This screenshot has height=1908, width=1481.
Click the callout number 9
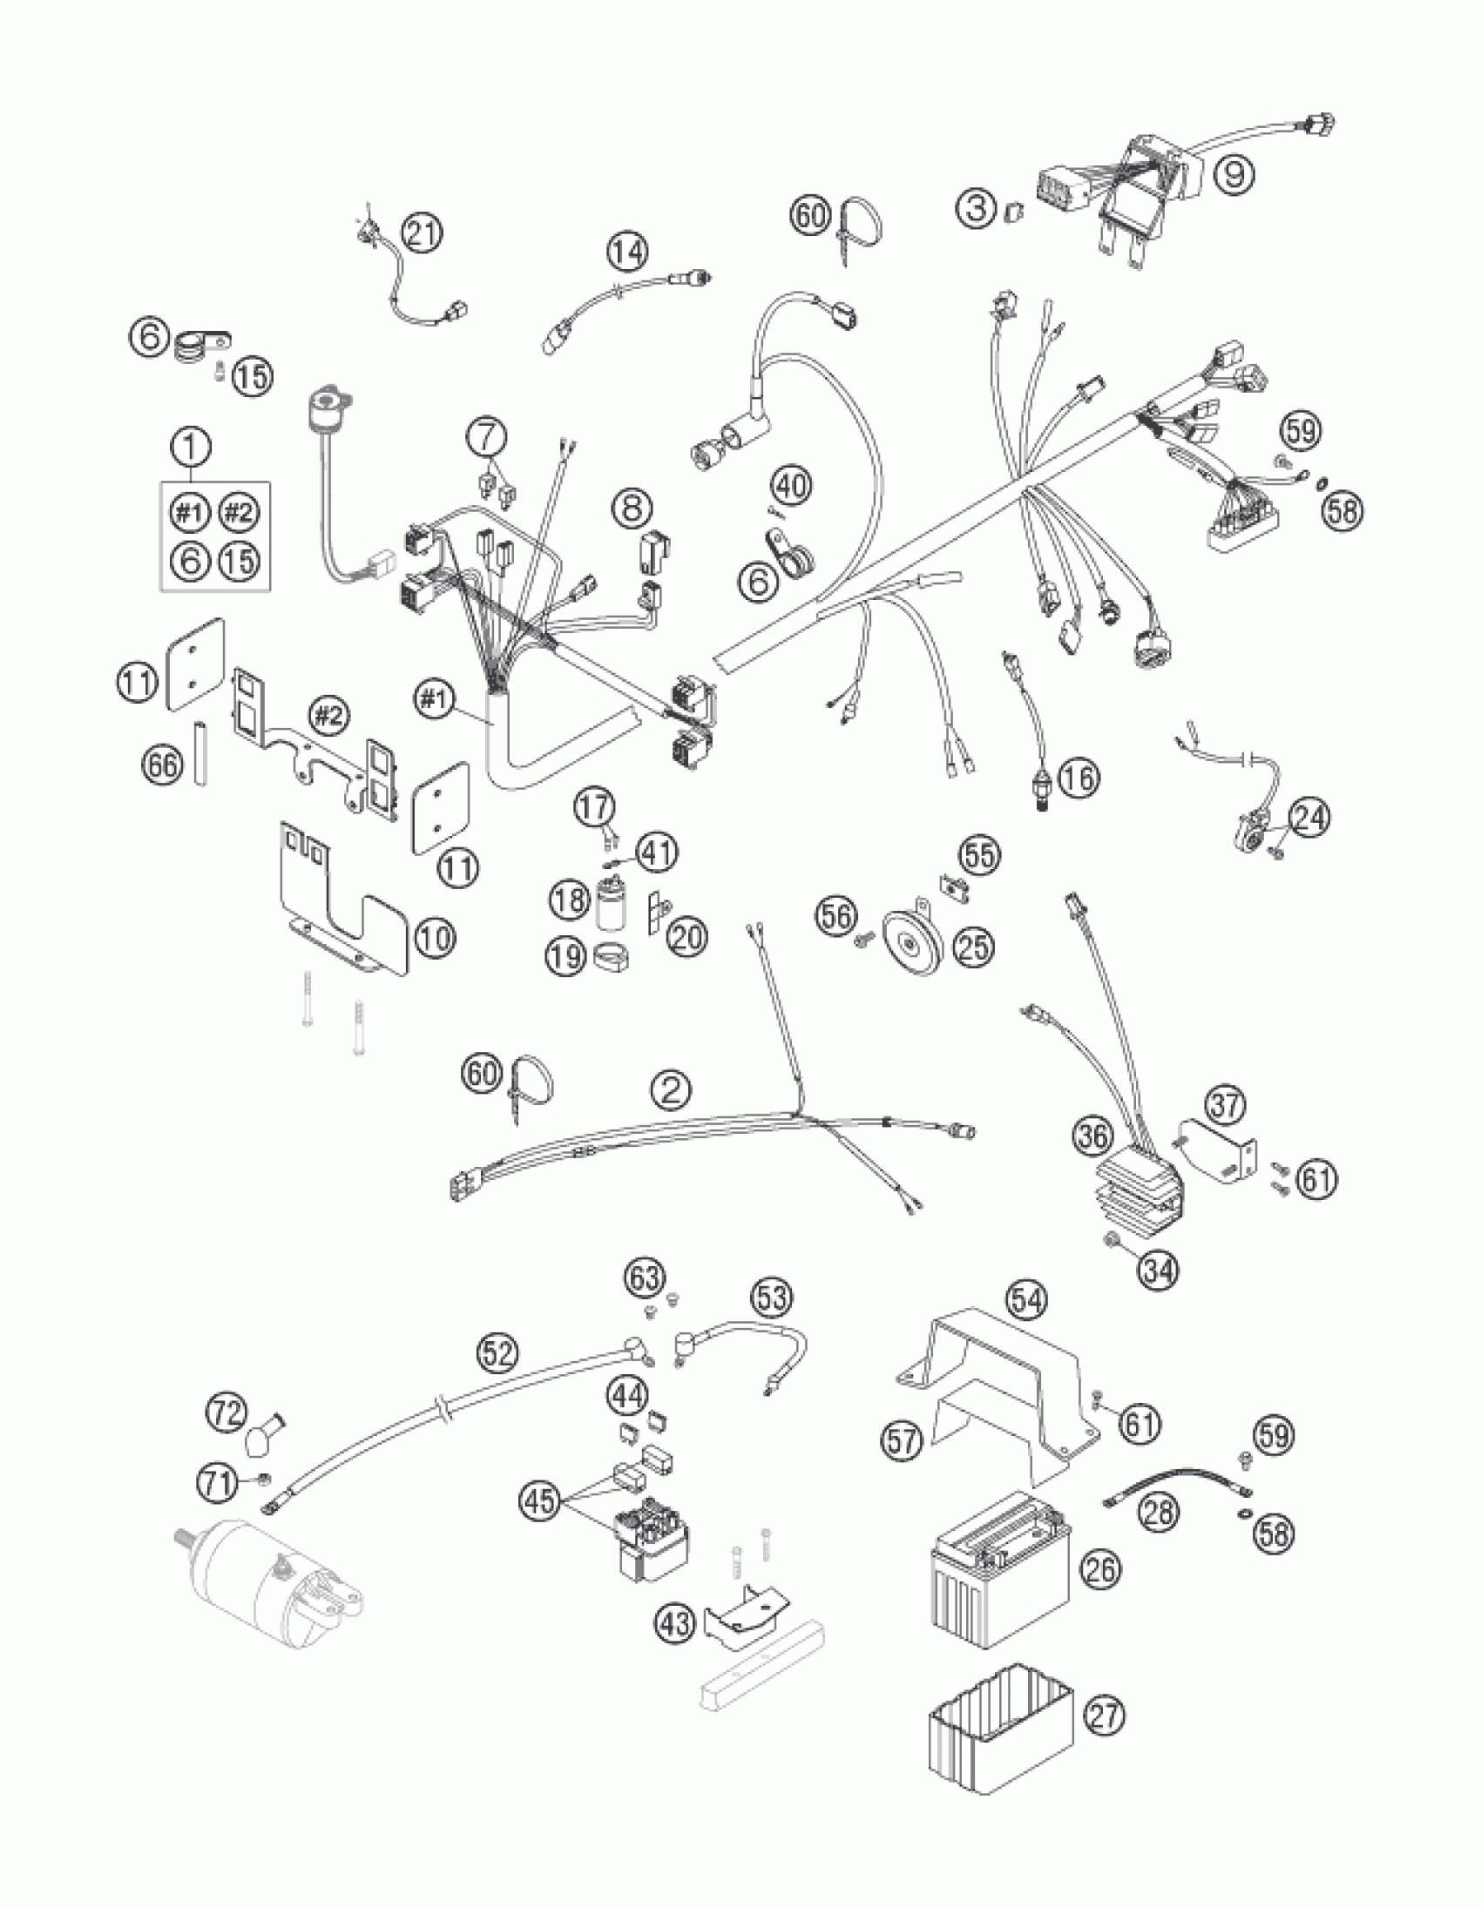pos(1233,173)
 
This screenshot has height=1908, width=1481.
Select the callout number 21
pos(423,234)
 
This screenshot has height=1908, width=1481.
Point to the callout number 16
pos(1079,777)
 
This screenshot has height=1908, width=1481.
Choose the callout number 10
pos(435,938)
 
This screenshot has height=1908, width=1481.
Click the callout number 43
pos(676,1623)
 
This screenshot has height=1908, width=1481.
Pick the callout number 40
pos(793,485)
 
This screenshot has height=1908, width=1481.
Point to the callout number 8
pos(631,507)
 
